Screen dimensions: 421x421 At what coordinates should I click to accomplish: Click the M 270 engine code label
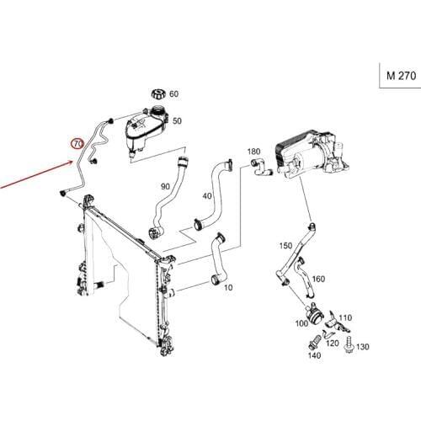(x=401, y=76)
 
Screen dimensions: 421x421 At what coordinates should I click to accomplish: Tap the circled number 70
(x=77, y=144)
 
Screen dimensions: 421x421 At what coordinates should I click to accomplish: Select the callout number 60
(x=174, y=94)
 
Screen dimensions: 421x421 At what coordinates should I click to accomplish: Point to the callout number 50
(x=177, y=121)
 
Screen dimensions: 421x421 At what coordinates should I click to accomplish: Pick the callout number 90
(x=165, y=186)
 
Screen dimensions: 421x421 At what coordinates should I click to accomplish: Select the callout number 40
(x=207, y=195)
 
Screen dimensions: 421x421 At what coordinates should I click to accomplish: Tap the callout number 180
(x=253, y=152)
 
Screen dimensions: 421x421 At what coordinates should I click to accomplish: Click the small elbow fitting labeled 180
(x=261, y=168)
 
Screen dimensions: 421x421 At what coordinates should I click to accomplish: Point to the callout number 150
(x=286, y=246)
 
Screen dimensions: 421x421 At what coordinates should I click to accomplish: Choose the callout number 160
(x=318, y=279)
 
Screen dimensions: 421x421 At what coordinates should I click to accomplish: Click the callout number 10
(x=228, y=288)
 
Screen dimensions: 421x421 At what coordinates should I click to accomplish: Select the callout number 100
(x=301, y=323)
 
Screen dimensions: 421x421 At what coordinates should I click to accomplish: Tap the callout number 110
(x=345, y=317)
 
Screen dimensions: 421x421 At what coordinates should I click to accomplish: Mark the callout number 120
(x=333, y=343)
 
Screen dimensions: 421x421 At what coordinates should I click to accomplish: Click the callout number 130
(x=363, y=347)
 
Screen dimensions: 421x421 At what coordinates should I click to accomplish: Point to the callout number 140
(x=314, y=355)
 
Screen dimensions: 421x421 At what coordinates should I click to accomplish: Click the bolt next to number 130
(x=349, y=344)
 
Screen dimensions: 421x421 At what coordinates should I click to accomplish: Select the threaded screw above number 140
(x=315, y=342)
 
